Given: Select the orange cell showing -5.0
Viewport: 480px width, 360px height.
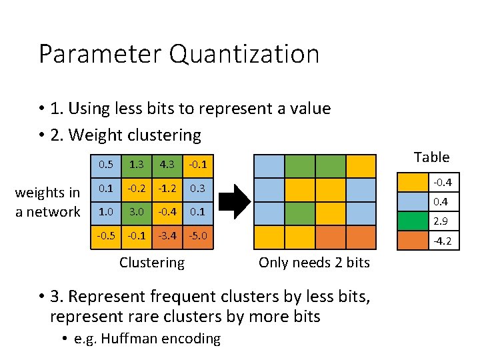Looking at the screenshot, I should pos(197,236).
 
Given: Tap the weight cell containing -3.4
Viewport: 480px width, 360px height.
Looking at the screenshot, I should pos(167,236).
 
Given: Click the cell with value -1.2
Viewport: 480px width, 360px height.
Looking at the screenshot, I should pos(167,189).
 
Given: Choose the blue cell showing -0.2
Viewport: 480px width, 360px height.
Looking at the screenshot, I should pos(136,189).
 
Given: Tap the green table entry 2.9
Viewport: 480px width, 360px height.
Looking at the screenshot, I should pos(429,221).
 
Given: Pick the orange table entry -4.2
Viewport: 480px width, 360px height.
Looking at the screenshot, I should pos(429,241).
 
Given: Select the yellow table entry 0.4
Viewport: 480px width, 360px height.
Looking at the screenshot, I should pos(429,201).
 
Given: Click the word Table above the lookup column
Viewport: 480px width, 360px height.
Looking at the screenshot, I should pos(431,157).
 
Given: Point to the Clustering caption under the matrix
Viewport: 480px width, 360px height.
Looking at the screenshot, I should pos(151,263).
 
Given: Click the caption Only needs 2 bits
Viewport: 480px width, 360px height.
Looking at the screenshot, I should pos(313,263).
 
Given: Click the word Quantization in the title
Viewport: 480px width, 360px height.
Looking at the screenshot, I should pos(244,54).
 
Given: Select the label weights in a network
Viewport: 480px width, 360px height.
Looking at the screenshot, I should pos(47,202).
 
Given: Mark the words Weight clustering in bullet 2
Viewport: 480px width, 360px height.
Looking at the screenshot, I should pos(135,135).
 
